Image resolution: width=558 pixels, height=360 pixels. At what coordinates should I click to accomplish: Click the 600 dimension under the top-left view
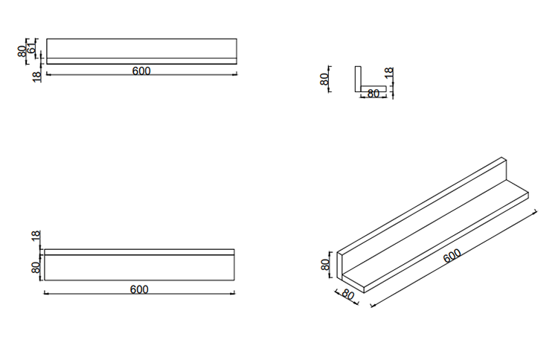[x=141, y=71]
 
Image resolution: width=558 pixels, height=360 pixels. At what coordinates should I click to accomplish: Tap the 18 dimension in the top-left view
[x=36, y=76]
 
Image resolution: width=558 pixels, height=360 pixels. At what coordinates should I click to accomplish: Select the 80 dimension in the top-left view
[x=23, y=51]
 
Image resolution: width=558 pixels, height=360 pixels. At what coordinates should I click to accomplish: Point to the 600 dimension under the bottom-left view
[x=139, y=289]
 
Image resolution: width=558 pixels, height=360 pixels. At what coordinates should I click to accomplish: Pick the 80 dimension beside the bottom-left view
[x=35, y=267]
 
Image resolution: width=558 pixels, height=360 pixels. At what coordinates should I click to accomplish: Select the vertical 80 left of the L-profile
[x=324, y=80]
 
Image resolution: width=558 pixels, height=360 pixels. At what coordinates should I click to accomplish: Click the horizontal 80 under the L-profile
[x=373, y=94]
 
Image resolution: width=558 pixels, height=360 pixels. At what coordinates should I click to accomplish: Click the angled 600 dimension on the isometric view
[x=452, y=256]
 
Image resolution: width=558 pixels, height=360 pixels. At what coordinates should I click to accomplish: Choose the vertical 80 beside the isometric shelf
[x=324, y=265]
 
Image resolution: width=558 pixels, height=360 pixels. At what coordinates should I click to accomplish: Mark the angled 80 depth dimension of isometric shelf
[x=347, y=294]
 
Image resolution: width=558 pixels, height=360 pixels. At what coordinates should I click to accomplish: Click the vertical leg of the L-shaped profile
[x=358, y=80]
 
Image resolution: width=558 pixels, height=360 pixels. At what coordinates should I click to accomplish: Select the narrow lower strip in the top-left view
[x=141, y=61]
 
